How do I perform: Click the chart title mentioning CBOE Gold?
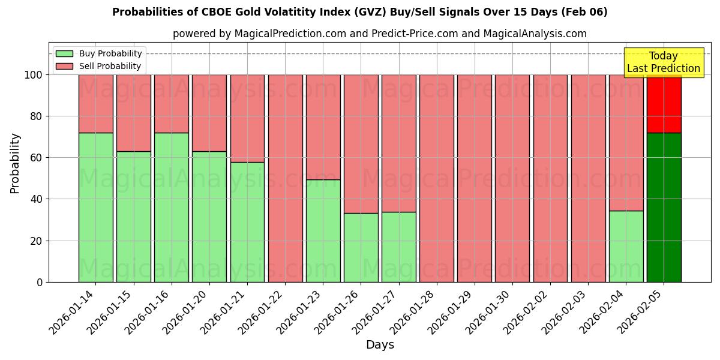tap(359, 12)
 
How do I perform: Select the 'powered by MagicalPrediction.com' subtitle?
tap(379, 34)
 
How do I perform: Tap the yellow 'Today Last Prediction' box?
tap(663, 62)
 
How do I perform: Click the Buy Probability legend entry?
tap(99, 53)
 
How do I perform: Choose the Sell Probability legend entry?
tap(99, 66)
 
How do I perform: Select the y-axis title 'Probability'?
tap(15, 163)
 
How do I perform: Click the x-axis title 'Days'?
tap(380, 345)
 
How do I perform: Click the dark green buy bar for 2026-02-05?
tap(664, 207)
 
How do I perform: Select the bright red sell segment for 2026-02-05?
tap(664, 103)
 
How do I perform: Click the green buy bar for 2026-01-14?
tap(95, 207)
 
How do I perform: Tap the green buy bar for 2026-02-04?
tap(626, 246)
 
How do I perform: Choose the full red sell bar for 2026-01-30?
tap(512, 178)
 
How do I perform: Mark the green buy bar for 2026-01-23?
tap(323, 230)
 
